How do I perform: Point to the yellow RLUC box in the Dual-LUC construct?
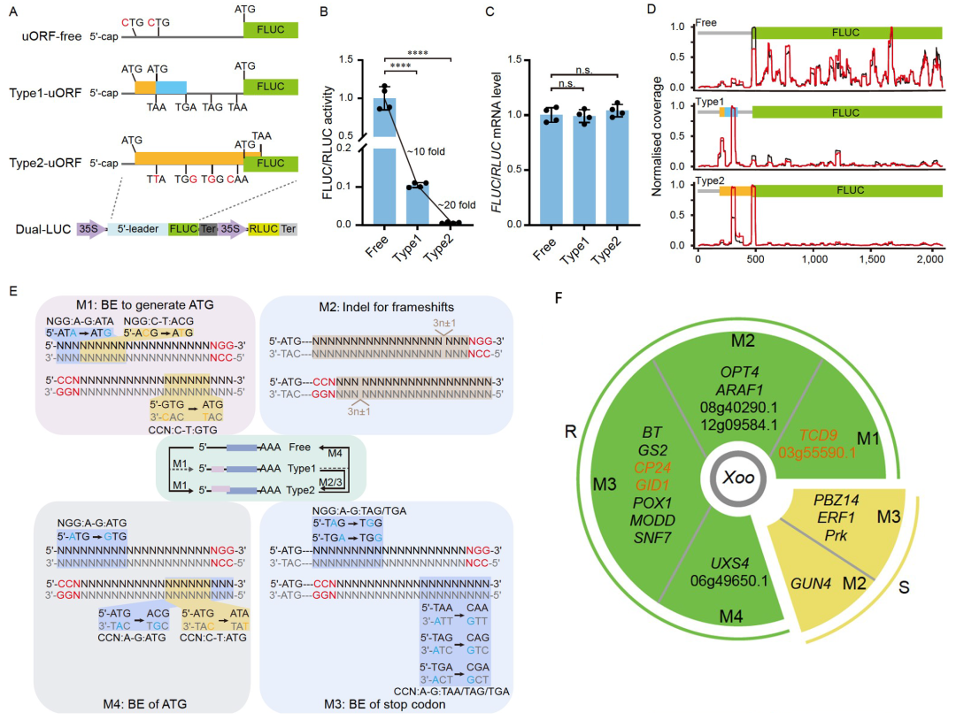click(x=265, y=228)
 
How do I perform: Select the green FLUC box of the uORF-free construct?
click(x=271, y=30)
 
